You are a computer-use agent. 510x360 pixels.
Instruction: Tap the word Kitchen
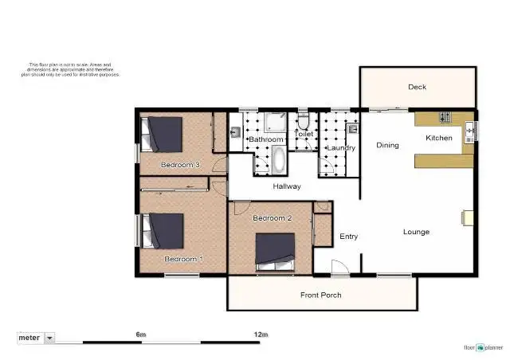point(438,138)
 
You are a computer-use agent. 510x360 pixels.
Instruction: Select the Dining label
point(387,145)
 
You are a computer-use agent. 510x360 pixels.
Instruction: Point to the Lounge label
point(416,232)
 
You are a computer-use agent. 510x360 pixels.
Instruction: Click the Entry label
point(348,236)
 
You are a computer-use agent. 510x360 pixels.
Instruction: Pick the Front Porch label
point(321,295)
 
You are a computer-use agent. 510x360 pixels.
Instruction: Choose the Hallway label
point(287,186)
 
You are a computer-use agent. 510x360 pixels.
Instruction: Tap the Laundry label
point(341,147)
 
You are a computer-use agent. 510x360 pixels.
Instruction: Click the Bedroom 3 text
point(180,165)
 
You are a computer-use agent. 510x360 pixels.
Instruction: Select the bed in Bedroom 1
point(165,232)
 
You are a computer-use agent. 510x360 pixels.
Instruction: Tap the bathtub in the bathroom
point(277,160)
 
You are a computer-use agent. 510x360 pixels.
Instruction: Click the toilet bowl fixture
point(304,123)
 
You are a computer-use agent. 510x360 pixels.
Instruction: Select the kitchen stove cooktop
point(444,118)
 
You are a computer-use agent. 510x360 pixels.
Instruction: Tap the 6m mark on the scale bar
point(141,334)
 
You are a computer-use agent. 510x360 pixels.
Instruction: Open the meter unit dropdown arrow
point(50,338)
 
